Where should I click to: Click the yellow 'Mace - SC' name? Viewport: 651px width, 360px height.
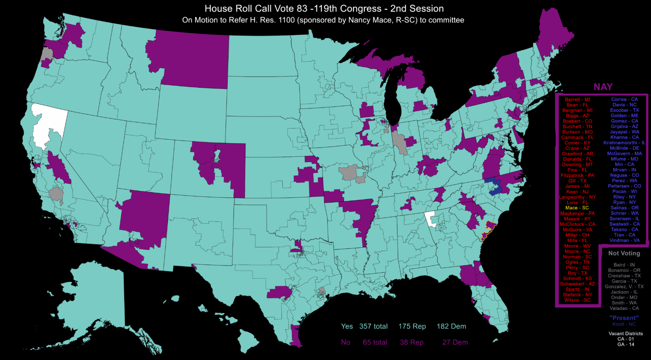click(x=577, y=208)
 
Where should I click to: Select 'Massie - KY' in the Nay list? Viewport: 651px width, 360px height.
click(x=577, y=219)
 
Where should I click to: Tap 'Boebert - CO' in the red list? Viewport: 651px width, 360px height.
click(x=577, y=121)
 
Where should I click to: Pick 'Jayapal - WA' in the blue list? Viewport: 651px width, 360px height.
click(x=624, y=132)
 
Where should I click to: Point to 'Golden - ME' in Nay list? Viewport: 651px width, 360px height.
click(x=624, y=116)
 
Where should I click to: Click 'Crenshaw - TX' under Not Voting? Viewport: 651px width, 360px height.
click(x=624, y=276)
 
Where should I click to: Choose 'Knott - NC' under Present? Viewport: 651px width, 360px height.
click(x=624, y=324)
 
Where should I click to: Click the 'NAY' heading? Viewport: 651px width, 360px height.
click(x=603, y=87)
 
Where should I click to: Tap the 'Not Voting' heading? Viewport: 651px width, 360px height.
click(x=624, y=253)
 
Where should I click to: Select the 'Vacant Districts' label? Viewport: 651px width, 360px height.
click(x=626, y=334)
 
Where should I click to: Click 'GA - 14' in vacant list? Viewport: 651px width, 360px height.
click(x=626, y=344)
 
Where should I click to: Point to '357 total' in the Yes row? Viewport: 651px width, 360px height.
click(x=373, y=327)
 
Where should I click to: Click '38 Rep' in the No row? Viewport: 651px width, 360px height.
click(x=412, y=342)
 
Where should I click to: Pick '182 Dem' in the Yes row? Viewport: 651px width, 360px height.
click(x=451, y=327)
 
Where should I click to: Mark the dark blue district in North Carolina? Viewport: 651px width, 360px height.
click(x=494, y=187)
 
